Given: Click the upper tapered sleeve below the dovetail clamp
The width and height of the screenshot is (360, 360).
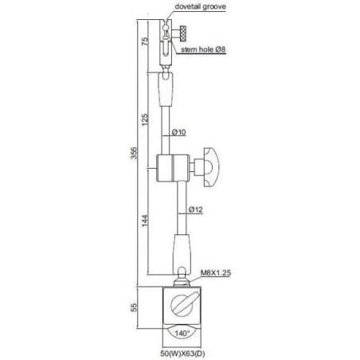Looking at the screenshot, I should pos(169,92).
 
